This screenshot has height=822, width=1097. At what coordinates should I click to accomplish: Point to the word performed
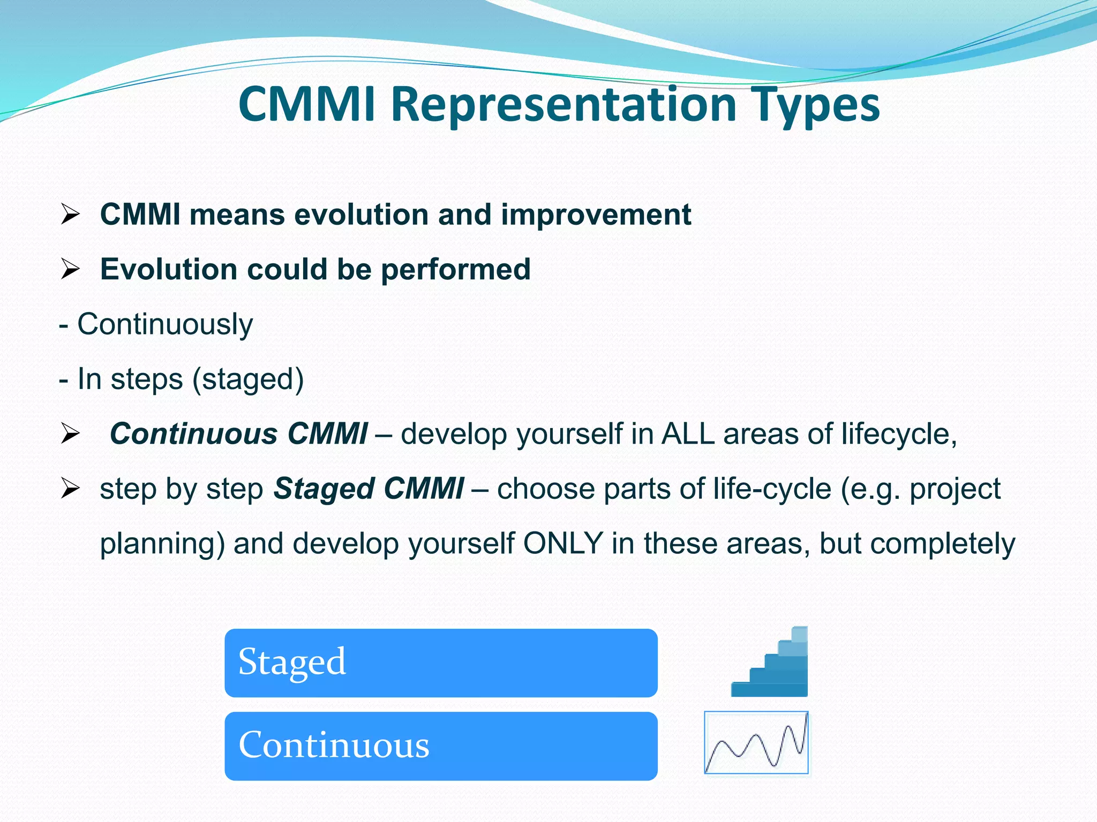pyautogui.click(x=455, y=269)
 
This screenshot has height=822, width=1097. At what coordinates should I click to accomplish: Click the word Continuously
pyautogui.click(x=164, y=324)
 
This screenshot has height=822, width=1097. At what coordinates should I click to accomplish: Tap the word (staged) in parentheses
pyautogui.click(x=247, y=379)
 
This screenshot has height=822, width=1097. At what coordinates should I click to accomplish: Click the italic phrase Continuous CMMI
pyautogui.click(x=238, y=433)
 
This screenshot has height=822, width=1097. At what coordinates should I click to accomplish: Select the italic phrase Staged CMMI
pyautogui.click(x=369, y=489)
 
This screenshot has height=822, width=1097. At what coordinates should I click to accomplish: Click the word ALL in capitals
pyautogui.click(x=688, y=433)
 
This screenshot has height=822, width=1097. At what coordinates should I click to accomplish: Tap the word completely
pyautogui.click(x=942, y=543)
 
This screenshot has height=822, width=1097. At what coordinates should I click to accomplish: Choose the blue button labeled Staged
pyautogui.click(x=441, y=663)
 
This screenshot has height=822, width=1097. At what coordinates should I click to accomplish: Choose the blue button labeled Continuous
pyautogui.click(x=441, y=745)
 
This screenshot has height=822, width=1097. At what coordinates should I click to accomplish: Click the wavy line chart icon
pyautogui.click(x=756, y=742)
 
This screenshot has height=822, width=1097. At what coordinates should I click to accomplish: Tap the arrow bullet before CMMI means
pyautogui.click(x=70, y=215)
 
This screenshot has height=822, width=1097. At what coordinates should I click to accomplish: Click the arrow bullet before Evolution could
pyautogui.click(x=70, y=269)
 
